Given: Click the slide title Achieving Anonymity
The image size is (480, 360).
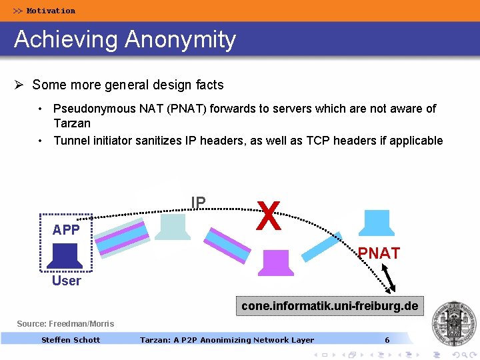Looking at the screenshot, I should (125, 39).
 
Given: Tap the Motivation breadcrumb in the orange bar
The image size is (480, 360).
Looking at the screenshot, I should (45, 11).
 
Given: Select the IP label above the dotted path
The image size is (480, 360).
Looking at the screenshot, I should (198, 202).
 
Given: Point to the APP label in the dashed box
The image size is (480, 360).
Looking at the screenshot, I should (66, 230).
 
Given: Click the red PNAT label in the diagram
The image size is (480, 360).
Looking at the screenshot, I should (379, 253).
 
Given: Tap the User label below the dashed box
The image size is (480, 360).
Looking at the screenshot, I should (66, 281).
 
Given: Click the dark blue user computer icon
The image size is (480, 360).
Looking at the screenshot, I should (66, 256).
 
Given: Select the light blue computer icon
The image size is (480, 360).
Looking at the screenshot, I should (172, 226).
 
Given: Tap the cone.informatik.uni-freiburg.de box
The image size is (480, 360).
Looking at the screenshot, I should (329, 307).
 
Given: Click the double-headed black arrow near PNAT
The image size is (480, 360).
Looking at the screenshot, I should (388, 278).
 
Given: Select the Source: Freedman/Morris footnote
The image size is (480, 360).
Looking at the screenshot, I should (65, 324).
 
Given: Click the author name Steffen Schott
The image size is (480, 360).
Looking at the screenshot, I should (71, 340).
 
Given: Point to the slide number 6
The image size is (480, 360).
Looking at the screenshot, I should (387, 340).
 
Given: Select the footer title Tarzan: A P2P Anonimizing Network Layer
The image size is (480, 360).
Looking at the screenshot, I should (227, 340).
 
